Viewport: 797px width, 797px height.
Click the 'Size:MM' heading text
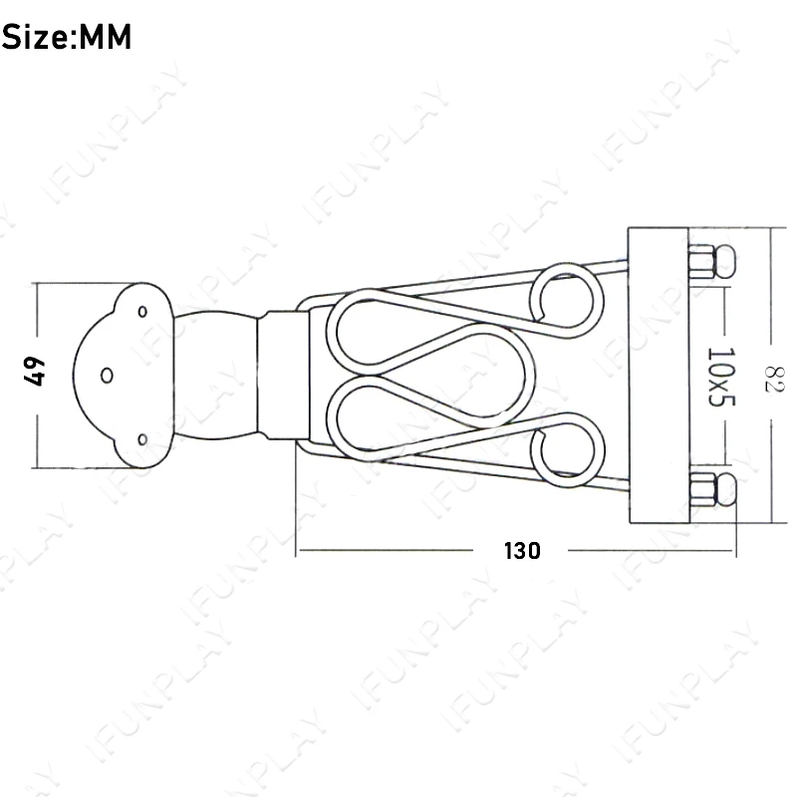point(67,37)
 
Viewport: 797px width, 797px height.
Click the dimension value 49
point(34,372)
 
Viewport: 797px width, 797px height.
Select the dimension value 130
point(522,551)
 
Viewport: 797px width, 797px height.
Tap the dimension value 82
point(775,380)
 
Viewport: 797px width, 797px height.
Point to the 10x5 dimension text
point(721,378)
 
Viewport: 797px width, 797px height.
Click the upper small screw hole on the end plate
point(142,312)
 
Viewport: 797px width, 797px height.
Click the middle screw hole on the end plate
point(107,376)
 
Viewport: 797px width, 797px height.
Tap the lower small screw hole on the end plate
point(142,439)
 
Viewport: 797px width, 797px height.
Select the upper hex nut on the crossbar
point(702,261)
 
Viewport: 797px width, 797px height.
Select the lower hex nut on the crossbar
point(702,490)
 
